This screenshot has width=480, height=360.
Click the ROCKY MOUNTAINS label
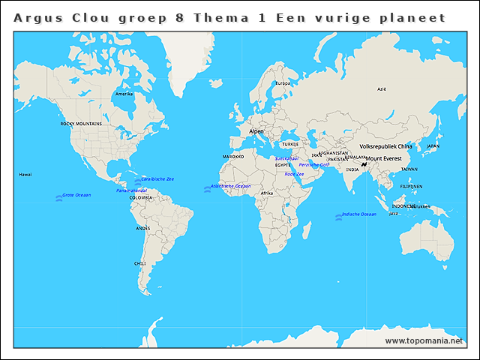(x=81, y=124)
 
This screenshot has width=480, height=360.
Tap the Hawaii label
(x=25, y=174)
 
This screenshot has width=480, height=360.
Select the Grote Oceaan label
(x=76, y=195)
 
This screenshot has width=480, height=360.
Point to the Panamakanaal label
(x=131, y=190)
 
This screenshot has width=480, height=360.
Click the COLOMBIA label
(x=140, y=198)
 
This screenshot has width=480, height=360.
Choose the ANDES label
(x=142, y=228)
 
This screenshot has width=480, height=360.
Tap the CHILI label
(x=140, y=264)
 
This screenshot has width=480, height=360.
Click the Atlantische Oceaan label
(x=231, y=186)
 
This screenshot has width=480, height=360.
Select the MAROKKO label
(x=233, y=157)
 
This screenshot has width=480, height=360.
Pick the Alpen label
(x=256, y=131)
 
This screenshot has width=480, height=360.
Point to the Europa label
(x=283, y=83)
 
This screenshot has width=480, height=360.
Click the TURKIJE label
(x=290, y=144)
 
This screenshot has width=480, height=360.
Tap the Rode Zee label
(x=294, y=174)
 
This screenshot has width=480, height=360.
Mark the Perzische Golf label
(x=313, y=164)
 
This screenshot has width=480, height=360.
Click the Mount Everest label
(x=384, y=159)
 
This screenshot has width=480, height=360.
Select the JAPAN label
(x=433, y=146)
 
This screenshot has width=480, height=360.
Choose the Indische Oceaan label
(x=358, y=214)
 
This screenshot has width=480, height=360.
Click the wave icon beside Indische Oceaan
(x=338, y=216)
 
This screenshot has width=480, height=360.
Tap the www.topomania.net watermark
(x=424, y=341)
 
